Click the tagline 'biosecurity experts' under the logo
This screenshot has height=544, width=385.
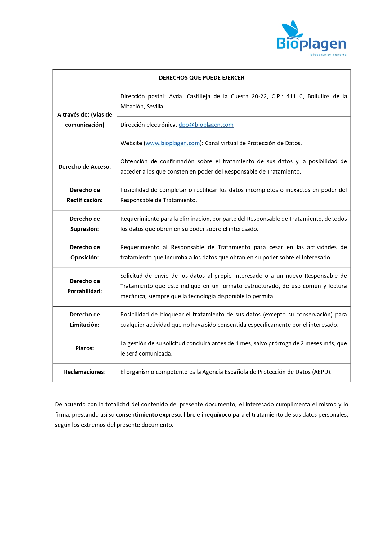(328, 55)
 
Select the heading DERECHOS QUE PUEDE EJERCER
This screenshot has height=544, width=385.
(201, 78)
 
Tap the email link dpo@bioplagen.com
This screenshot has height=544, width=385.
(206, 125)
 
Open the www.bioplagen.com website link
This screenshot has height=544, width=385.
(172, 143)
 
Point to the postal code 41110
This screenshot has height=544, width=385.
(294, 96)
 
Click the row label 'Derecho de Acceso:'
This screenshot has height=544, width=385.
(84, 167)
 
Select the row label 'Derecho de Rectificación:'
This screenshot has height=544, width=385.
(84, 195)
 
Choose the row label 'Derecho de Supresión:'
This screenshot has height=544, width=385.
(84, 224)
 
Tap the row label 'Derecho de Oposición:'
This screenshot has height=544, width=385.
(84, 252)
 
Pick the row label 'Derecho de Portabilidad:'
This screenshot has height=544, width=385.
(84, 286)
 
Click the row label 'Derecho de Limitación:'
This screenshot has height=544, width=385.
(84, 320)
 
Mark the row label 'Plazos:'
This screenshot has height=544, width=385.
(84, 348)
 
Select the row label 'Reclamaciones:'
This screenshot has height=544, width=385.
(84, 372)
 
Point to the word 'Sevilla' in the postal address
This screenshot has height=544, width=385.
(155, 107)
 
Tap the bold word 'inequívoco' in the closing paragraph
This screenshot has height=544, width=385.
(216, 415)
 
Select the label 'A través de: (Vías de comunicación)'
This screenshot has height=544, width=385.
(84, 120)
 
